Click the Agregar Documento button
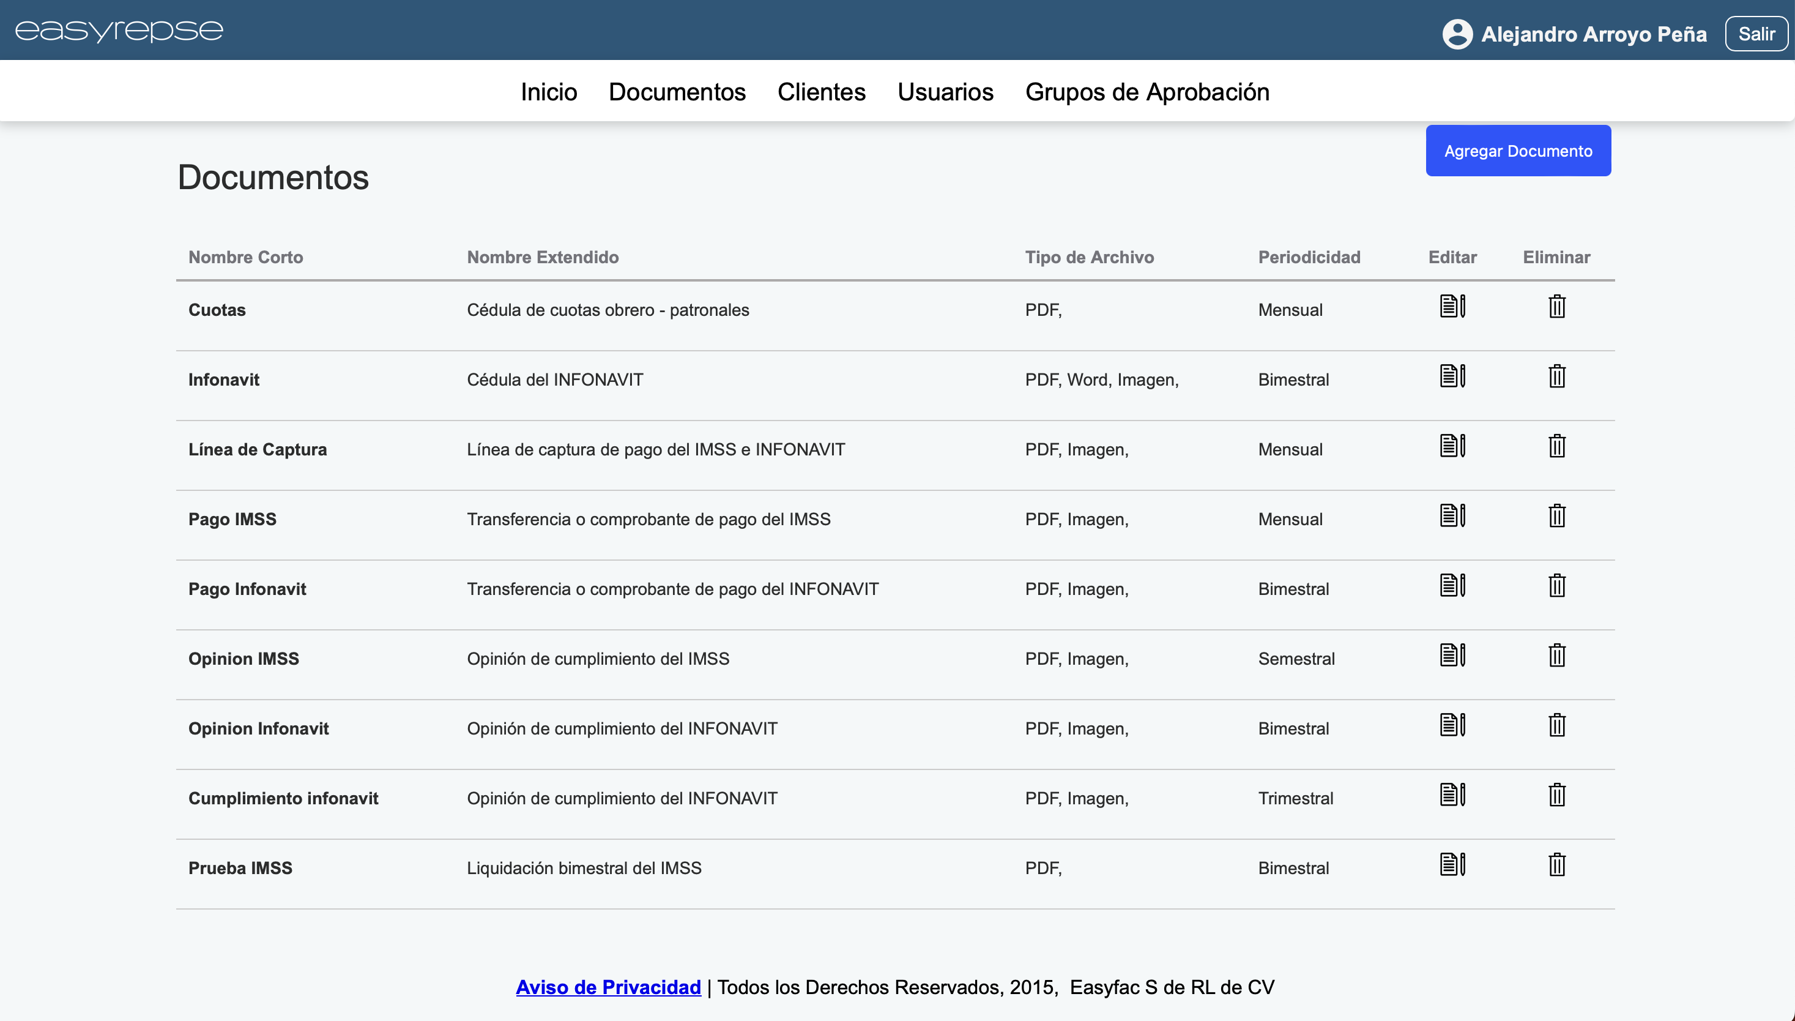click(1517, 151)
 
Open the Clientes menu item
click(821, 92)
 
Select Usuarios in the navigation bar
click(945, 92)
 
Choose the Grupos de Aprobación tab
click(1146, 92)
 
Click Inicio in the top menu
click(548, 92)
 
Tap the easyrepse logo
click(119, 30)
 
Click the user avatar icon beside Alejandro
click(1457, 34)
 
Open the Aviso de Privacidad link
click(608, 987)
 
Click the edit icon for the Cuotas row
click(1452, 307)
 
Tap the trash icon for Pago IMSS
click(1556, 516)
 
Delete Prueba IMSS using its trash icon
click(1556, 865)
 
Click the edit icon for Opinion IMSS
click(1452, 656)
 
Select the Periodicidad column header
click(1309, 257)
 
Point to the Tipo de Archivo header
click(1088, 257)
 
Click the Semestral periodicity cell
click(1296, 659)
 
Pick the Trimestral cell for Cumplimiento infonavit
click(1295, 799)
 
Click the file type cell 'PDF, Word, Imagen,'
click(1101, 380)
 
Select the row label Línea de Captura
click(257, 449)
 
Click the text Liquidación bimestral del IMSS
click(584, 868)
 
